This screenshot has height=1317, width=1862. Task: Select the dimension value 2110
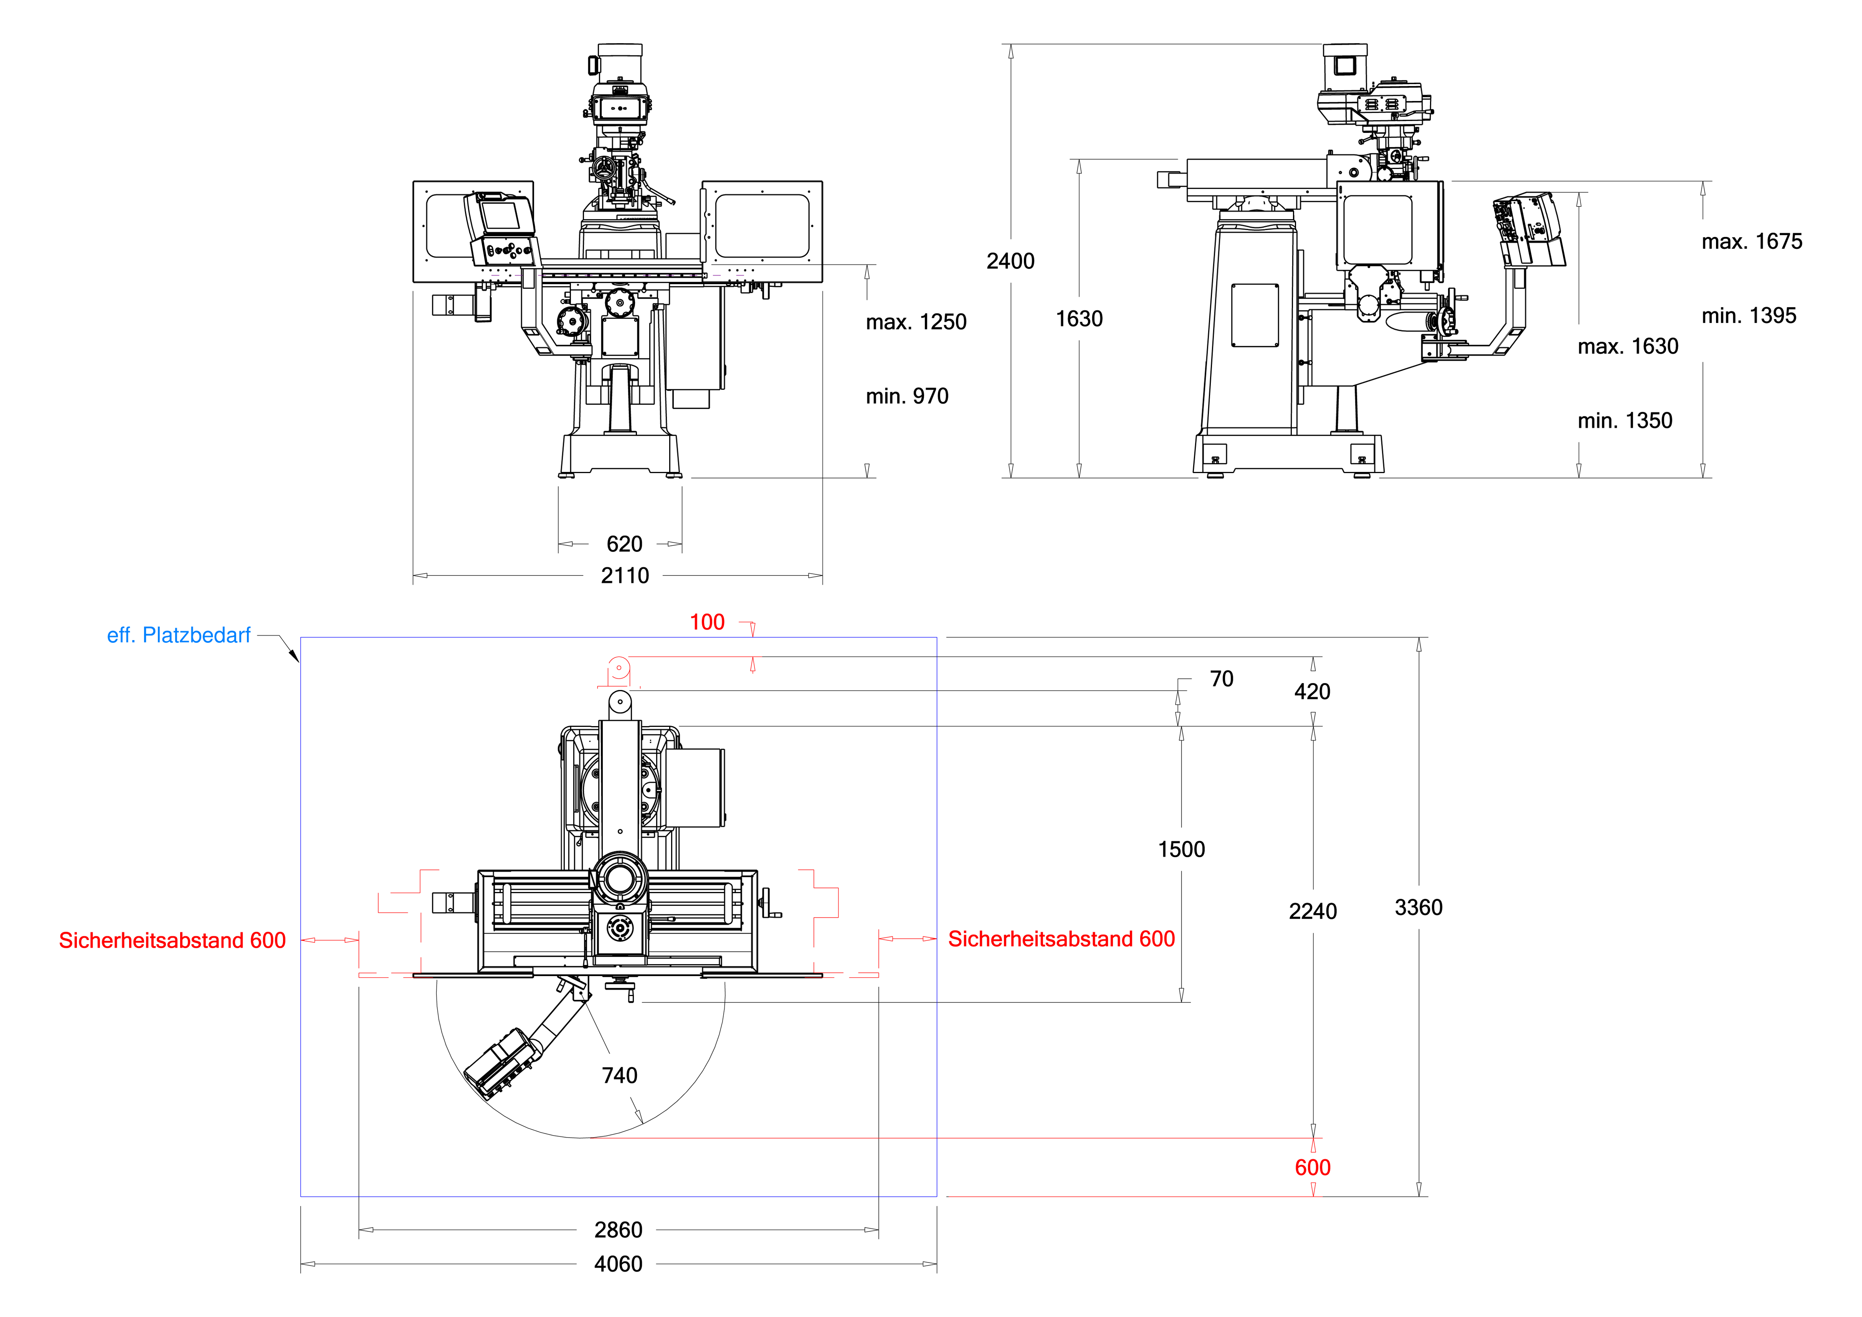coord(625,576)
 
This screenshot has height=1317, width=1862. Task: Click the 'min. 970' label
coord(907,396)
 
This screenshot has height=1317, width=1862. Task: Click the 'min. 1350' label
coord(1624,421)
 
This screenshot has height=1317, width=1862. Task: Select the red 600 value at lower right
coord(1312,1168)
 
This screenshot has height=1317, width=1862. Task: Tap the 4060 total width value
coord(618,1264)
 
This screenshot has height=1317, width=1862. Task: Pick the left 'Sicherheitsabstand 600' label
coord(172,941)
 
